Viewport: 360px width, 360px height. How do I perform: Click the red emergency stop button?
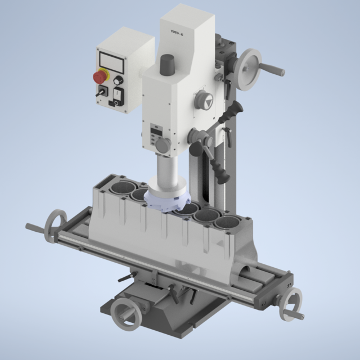pos(100,76)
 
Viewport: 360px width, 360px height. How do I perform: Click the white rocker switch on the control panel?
pos(118,95)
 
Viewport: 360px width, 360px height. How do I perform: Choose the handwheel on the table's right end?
pos(293,304)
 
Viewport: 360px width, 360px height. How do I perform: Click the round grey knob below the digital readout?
pos(163,145)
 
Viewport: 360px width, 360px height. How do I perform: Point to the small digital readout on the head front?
pos(156,133)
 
